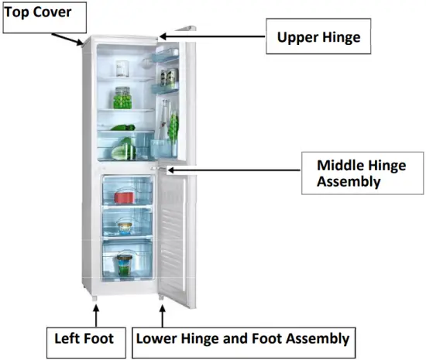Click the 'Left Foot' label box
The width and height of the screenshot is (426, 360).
[84, 338]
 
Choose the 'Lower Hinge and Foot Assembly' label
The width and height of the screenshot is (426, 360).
[242, 338]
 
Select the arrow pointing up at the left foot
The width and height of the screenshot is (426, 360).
[96, 315]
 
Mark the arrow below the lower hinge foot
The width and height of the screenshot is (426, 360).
[162, 316]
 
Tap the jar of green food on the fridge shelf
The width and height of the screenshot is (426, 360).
[122, 98]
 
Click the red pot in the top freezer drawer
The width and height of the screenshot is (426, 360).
[120, 196]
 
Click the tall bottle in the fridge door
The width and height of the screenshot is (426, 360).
[164, 124]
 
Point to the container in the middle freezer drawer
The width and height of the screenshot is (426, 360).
[124, 228]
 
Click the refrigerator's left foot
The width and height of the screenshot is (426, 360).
[95, 297]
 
